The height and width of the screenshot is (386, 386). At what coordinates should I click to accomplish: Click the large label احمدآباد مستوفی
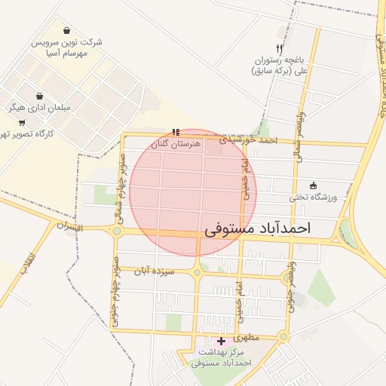(x=257, y=226)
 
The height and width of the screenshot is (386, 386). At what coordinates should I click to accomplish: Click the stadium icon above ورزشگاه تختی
(x=314, y=185)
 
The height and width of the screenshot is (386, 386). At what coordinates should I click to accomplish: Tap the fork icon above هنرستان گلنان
(x=176, y=131)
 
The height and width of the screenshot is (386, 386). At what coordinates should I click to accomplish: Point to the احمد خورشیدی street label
(x=249, y=141)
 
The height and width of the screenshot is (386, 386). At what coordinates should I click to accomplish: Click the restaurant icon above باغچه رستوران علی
(x=280, y=31)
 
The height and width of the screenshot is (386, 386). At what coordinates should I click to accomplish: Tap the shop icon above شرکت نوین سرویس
(x=68, y=32)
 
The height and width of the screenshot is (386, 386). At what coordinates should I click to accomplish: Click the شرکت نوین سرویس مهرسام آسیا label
(x=67, y=48)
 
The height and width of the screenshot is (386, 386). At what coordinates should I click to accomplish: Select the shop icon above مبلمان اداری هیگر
(x=39, y=96)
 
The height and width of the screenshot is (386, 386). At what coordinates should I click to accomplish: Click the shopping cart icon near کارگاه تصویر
(x=21, y=122)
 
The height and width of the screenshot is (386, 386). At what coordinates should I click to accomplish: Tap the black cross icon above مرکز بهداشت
(x=220, y=342)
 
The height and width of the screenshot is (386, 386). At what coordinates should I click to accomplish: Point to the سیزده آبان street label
(x=155, y=270)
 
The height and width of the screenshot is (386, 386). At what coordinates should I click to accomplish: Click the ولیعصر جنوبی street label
(x=290, y=290)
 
